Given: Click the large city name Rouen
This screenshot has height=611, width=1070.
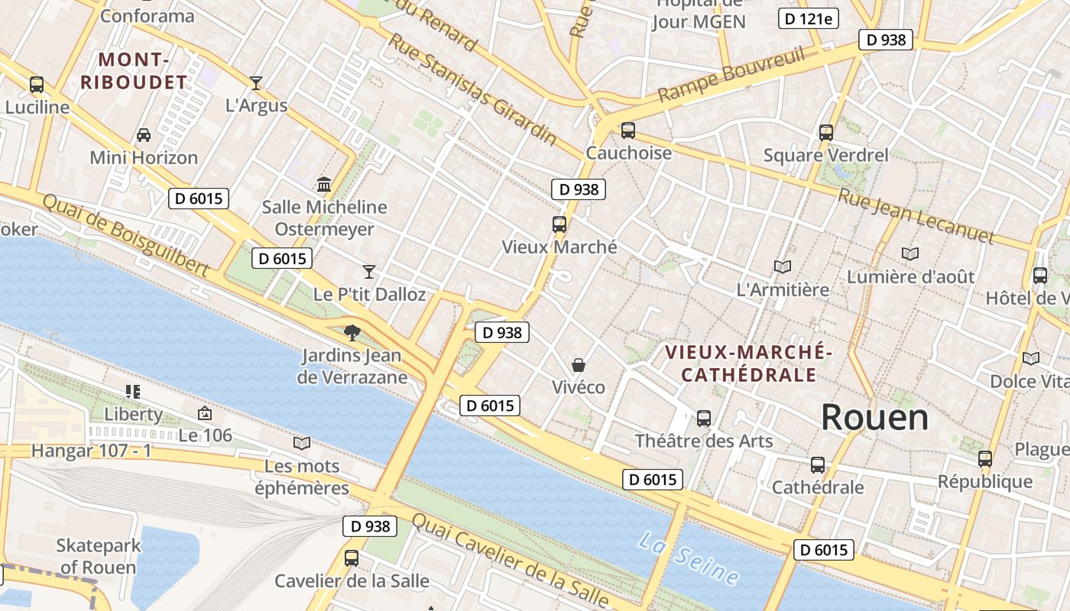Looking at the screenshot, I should pos(874,418).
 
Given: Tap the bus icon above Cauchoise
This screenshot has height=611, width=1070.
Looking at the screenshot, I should pos(628,131).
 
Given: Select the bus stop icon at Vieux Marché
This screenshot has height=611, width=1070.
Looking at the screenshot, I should pos(559,225).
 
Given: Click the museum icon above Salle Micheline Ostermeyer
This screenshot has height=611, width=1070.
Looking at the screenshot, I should pos(324,185).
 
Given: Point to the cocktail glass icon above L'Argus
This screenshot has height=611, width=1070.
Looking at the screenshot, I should pos(256,82).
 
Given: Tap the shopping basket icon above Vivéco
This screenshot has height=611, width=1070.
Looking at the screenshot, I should pos(579,365).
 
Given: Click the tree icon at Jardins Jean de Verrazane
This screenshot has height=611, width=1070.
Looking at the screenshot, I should pos(352,332).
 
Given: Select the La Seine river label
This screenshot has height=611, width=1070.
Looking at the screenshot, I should pos(689,558).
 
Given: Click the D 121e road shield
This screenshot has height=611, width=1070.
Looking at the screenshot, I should pos(806,18).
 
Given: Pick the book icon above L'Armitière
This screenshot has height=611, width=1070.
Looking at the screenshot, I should pos(782,267).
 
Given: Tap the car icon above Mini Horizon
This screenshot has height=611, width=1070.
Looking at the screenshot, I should pos(144,135).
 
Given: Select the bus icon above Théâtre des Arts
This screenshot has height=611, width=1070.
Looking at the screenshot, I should pos(704,419).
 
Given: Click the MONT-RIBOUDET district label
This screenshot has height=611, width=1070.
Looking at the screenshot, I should pos(133,71).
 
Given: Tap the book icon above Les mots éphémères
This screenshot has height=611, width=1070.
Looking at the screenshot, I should pos(302,443).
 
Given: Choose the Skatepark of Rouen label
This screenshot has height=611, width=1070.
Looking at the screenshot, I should pos(99,556).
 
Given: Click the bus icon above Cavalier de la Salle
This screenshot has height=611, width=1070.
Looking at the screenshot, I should pos(352,558).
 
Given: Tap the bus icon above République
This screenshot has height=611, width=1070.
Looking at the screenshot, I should pos(985,459).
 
